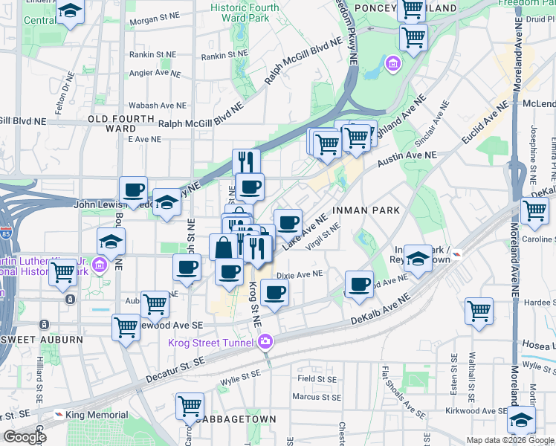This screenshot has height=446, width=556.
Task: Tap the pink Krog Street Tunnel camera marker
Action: click(265, 342)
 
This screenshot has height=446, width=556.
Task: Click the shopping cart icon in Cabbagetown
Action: click(190, 407)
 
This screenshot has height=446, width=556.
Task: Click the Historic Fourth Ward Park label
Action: click(245, 13)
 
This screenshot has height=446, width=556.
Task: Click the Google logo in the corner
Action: click(25, 437)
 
